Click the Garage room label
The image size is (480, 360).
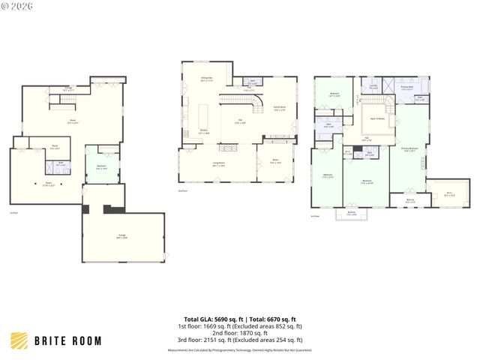(122, 236)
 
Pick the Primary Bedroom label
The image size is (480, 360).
(409, 149)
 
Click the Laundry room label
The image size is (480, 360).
(373, 87)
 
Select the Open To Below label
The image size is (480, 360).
(378, 118)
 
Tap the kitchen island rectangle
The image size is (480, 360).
(202, 117)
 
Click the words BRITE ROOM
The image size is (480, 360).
(67, 341)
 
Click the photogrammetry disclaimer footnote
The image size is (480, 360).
(239, 349)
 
